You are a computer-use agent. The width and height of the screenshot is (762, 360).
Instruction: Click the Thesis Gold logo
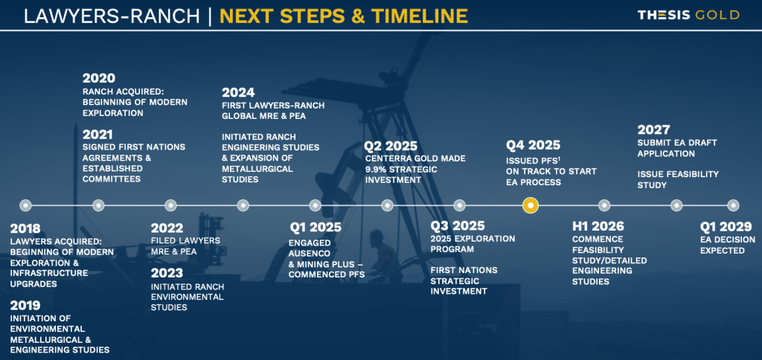[x=688, y=15]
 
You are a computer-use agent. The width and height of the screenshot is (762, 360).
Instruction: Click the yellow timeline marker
[x=530, y=205]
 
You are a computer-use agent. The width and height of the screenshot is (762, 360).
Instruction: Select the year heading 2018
[x=25, y=228]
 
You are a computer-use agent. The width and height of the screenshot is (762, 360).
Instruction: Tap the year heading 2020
[x=99, y=78]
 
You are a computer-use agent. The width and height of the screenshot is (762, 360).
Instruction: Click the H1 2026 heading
[x=598, y=226]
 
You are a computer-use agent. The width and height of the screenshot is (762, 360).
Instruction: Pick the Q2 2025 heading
[x=391, y=146]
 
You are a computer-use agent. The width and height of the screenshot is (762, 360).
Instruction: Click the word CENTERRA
[x=385, y=158]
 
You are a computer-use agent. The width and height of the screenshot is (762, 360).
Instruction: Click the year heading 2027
[x=653, y=129]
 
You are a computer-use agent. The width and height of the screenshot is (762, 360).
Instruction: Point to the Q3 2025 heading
[x=458, y=226]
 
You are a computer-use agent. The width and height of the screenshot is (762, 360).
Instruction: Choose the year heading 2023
[x=167, y=273]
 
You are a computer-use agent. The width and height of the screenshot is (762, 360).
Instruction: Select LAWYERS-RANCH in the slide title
[x=112, y=16]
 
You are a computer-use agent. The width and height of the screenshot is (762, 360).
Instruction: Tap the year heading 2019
[x=25, y=306]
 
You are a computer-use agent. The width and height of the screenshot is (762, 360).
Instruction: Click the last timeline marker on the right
[x=733, y=205]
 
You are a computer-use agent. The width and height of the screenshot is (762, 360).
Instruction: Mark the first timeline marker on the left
[x=26, y=205]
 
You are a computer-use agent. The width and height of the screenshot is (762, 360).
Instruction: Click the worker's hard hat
[x=377, y=234]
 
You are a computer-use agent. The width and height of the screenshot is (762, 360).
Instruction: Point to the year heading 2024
[x=238, y=92]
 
